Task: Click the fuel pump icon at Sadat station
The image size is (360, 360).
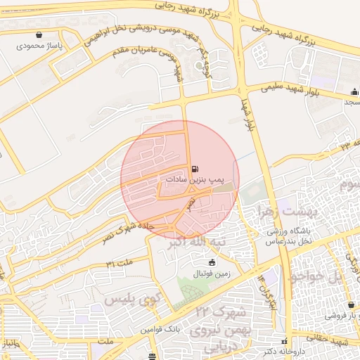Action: pos(194,169)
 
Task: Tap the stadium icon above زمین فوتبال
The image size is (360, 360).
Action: pos(212,262)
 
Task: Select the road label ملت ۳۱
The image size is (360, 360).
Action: pos(120,262)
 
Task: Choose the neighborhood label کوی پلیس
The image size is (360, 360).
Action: pos(130,300)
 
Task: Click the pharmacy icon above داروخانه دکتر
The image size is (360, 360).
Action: pos(285,341)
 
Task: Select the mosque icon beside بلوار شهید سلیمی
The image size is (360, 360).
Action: pos(354,91)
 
